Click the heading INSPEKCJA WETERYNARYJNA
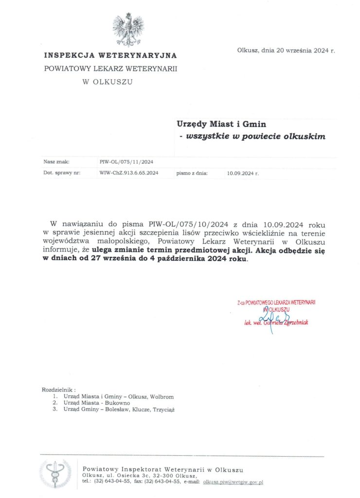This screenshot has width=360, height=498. [x=110, y=56]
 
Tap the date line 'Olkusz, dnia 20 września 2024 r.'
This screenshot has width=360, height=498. [x=286, y=50]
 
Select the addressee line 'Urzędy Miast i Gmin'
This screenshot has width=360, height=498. [x=221, y=124]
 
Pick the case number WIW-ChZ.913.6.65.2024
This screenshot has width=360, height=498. [x=128, y=173]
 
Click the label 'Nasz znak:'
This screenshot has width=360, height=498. [x=56, y=162]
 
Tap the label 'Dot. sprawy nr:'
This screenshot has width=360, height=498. [x=62, y=173]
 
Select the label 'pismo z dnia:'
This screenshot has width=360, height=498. [x=192, y=173]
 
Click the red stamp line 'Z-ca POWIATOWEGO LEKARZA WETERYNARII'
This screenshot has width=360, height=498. [x=276, y=302]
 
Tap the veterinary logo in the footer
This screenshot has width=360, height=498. [x=55, y=474]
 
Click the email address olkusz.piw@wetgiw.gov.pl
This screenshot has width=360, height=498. [x=233, y=481]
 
